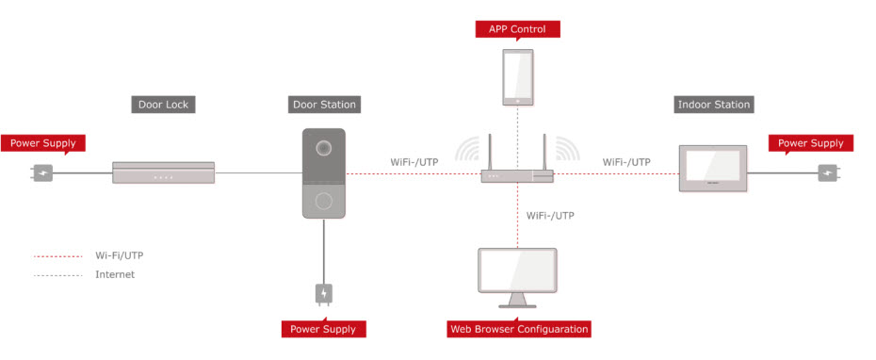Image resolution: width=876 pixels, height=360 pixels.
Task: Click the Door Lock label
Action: click(163, 105)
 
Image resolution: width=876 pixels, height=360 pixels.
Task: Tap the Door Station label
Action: click(325, 105)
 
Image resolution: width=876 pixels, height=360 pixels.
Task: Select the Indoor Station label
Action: click(713, 105)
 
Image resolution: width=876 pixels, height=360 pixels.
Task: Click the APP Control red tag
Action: click(517, 29)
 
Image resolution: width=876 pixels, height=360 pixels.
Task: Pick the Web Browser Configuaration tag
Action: click(519, 329)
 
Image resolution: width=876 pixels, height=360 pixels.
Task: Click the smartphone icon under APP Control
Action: click(517, 77)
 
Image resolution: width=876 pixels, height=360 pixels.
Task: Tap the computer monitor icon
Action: click(517, 278)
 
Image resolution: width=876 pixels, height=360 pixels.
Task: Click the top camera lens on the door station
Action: click(323, 148)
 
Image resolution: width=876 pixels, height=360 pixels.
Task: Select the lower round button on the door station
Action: click(323, 200)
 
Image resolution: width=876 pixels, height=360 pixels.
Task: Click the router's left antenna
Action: click(490, 152)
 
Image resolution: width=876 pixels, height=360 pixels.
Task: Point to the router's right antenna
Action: click(543, 152)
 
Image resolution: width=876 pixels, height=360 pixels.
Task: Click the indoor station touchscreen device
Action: click(713, 169)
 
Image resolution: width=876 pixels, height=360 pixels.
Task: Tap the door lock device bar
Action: click(163, 172)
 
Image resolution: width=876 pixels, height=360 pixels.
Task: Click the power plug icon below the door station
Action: click(324, 294)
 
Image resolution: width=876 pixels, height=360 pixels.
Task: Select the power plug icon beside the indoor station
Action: click(829, 172)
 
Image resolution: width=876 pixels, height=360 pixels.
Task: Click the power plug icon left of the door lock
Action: click(41, 172)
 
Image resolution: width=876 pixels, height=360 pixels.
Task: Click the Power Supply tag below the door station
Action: click(323, 328)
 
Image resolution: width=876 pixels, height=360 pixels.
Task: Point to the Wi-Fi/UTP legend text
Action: click(119, 256)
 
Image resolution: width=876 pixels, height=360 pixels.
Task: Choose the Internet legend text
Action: click(115, 274)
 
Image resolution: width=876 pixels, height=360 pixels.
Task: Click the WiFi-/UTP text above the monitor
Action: click(550, 215)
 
